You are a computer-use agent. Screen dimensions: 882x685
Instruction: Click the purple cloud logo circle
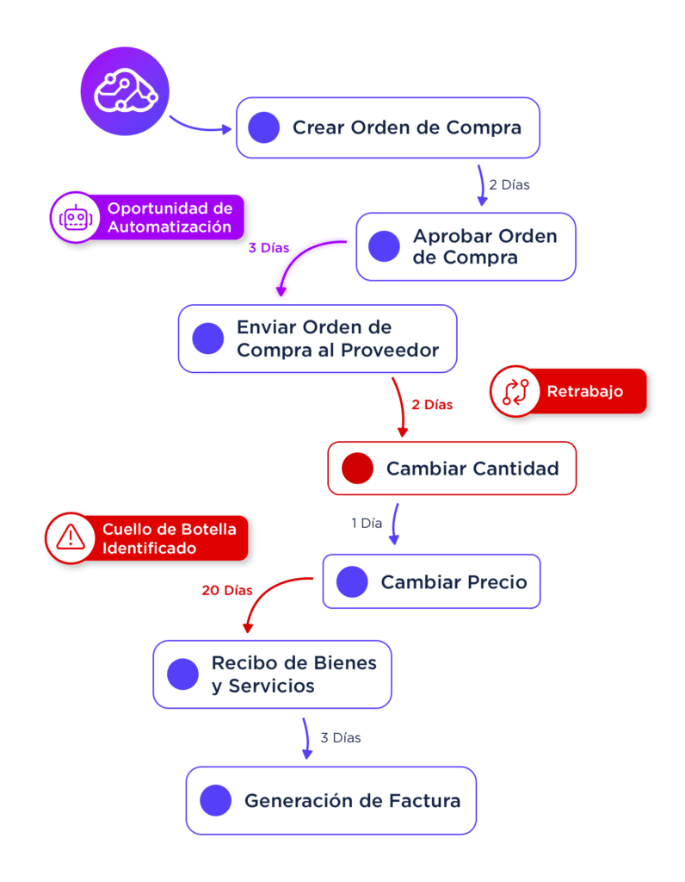125,90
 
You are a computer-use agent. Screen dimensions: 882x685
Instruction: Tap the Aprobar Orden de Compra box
466,246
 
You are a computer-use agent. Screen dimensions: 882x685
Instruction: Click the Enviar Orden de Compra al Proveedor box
317,339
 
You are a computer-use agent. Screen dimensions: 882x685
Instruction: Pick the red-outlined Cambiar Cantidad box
452,469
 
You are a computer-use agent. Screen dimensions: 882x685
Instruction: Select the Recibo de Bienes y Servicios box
272,674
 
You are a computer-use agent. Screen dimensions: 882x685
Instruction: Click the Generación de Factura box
330,801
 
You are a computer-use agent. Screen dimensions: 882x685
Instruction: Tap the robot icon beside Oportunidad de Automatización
76,217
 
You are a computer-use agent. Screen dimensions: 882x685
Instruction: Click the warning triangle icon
71,537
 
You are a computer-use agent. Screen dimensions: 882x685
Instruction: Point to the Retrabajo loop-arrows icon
515,392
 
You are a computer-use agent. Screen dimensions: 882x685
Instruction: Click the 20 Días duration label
227,591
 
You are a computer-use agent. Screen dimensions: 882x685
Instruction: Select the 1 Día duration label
367,523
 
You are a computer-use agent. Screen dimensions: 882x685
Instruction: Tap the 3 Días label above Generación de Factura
340,738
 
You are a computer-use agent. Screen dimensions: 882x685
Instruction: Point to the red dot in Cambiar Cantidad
357,469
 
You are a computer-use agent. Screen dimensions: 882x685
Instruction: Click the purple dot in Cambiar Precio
352,582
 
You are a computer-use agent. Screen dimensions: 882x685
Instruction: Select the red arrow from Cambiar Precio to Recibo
267,599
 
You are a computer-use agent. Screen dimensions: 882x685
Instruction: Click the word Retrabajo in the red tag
584,392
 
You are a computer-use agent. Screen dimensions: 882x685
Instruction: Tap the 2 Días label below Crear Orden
509,184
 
